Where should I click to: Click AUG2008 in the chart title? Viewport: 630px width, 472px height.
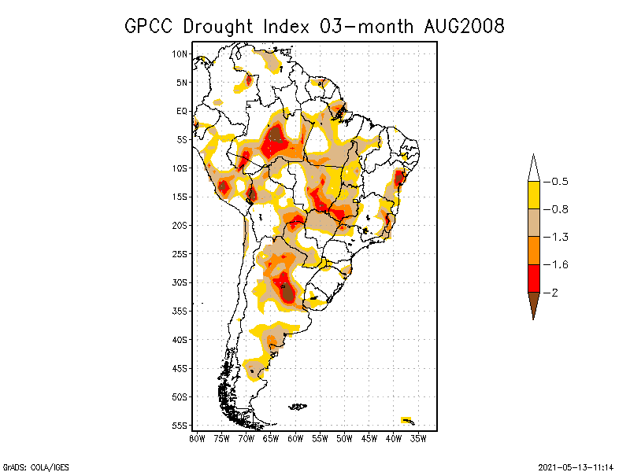point(461,26)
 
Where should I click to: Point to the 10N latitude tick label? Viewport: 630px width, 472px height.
point(180,53)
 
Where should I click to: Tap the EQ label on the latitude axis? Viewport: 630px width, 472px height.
point(182,111)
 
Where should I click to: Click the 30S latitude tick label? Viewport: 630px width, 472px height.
point(180,282)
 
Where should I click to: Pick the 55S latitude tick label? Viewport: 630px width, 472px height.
point(180,426)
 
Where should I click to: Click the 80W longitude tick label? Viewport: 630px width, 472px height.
point(197,438)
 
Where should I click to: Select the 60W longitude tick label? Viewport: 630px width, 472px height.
point(295,438)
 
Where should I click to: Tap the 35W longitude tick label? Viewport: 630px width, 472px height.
point(418,438)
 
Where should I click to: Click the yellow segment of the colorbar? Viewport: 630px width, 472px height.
point(533,195)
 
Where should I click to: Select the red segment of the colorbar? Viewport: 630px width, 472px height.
point(533,278)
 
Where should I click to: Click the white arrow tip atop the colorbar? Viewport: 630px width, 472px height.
point(533,169)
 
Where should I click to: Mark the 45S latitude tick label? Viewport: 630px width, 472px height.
point(180,368)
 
